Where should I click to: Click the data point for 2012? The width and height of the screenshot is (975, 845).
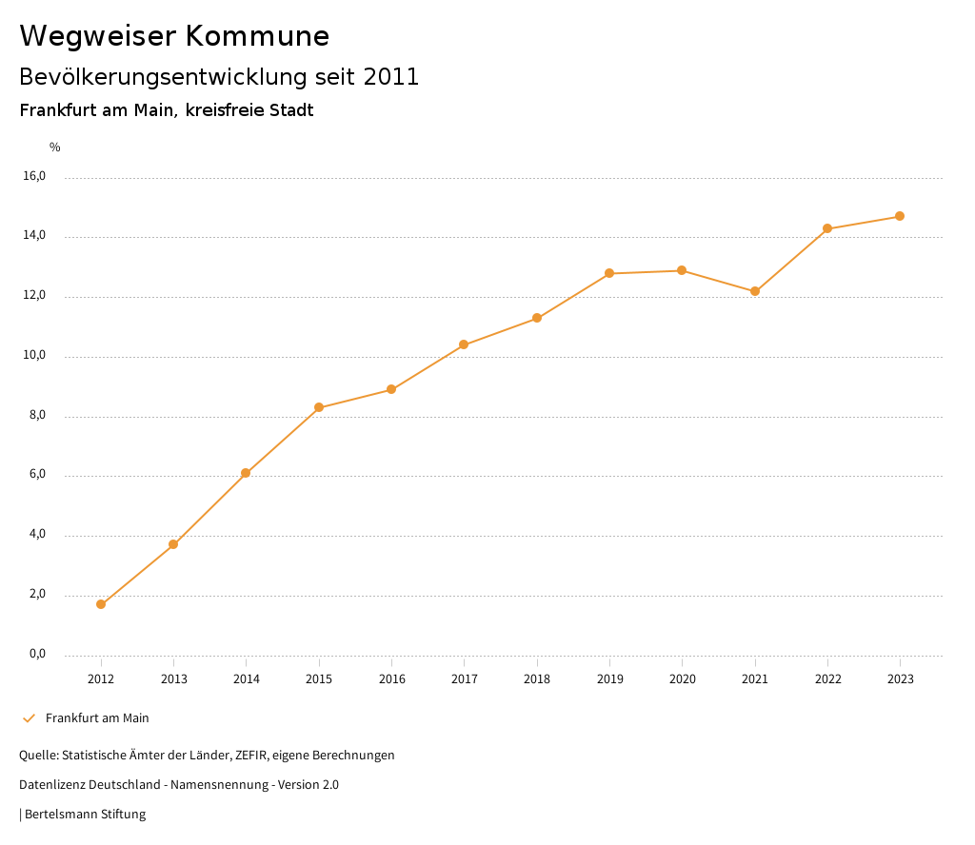[x=101, y=604]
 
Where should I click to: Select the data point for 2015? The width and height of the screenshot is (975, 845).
[x=319, y=407]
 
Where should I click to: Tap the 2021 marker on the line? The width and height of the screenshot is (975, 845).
[x=755, y=291]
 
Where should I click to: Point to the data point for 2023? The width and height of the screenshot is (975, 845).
[x=900, y=216]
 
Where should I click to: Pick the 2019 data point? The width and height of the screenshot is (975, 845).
[x=609, y=273]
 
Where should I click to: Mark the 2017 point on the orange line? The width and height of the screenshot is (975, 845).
[x=464, y=344]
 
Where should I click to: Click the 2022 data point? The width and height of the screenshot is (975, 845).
[x=827, y=228]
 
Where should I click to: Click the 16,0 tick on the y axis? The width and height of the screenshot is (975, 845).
[x=34, y=176]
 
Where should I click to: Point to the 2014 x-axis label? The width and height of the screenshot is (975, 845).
[x=246, y=679]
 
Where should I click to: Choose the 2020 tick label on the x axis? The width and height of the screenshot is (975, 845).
[x=682, y=679]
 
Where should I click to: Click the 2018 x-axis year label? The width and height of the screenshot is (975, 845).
[x=537, y=679]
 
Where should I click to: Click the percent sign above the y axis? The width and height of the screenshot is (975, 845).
[x=55, y=147]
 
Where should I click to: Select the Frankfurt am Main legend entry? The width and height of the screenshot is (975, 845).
[x=97, y=718]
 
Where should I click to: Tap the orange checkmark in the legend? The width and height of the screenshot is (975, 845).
[x=29, y=718]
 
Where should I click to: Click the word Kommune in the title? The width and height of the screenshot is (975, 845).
[x=257, y=36]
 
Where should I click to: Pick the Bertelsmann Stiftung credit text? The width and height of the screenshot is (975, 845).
[x=85, y=815]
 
